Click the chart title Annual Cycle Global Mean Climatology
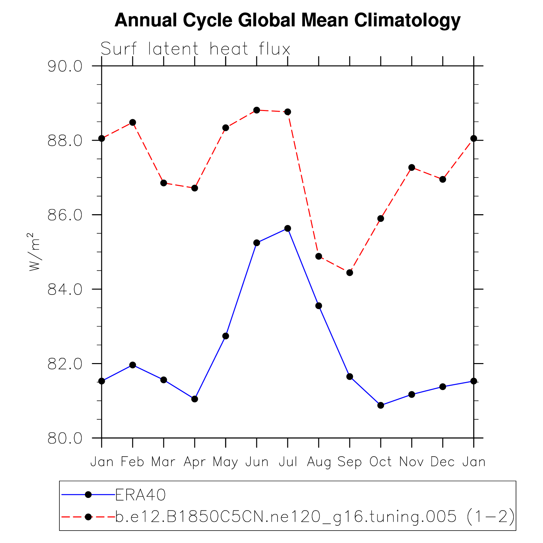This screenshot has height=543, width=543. click(287, 20)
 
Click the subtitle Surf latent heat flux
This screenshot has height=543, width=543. click(195, 49)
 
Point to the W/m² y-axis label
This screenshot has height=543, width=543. click(34, 251)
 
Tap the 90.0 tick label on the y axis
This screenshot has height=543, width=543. click(65, 66)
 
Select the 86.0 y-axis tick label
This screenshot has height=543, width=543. click(65, 215)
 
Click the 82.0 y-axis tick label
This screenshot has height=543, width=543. click(65, 364)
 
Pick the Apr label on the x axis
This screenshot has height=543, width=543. click(195, 462)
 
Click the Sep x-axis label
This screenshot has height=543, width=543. click(349, 462)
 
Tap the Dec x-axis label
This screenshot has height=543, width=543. click(442, 462)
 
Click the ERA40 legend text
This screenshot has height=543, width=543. click(140, 495)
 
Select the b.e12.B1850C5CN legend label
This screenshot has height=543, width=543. click(315, 517)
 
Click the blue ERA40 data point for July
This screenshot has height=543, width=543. click(288, 228)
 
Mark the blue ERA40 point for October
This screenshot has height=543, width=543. click(381, 405)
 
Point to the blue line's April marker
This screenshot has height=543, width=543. click(195, 399)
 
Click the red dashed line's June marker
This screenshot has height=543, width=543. click(257, 110)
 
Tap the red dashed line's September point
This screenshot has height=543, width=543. click(350, 273)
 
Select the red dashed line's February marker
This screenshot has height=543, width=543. click(133, 122)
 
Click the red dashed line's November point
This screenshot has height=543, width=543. click(412, 168)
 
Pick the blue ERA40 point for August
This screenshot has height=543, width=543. click(319, 306)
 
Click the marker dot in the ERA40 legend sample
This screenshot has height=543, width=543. click(88, 495)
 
